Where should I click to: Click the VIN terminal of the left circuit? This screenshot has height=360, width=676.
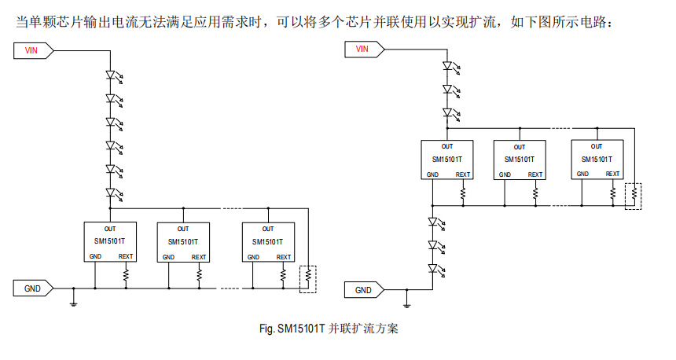tap(34, 50)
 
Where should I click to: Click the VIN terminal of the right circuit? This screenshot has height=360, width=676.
tap(364, 50)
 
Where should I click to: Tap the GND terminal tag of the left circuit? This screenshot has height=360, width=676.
tap(33, 288)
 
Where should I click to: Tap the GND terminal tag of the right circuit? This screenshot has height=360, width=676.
tap(364, 290)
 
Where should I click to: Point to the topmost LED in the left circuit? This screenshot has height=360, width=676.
tap(114, 76)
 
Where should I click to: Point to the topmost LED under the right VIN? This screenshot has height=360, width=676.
tap(451, 67)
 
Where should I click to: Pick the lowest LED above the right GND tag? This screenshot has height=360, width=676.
tap(436, 270)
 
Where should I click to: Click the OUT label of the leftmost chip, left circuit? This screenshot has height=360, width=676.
tap(110, 229)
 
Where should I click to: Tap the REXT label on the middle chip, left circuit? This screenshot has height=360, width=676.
tap(199, 257)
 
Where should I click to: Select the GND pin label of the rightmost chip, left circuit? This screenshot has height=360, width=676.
tap(253, 257)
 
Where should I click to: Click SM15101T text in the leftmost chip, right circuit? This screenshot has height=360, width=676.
tap(447, 160)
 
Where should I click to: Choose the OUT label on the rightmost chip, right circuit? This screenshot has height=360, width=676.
tap(597, 146)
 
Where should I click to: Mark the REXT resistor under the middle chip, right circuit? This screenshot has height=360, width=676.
tap(535, 193)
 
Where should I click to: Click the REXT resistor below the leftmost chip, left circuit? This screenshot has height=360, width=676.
tap(126, 275)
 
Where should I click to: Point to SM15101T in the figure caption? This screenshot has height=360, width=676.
tap(301, 329)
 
